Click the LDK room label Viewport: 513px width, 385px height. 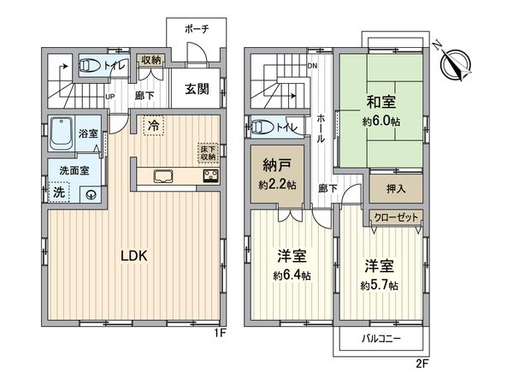tap(134, 255)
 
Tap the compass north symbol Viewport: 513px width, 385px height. tap(455, 62)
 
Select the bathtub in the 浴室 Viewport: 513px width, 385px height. tap(62, 133)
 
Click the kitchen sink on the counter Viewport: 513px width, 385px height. tap(163, 176)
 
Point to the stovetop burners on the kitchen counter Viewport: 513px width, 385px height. tap(209, 176)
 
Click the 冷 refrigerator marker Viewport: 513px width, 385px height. tap(152, 127)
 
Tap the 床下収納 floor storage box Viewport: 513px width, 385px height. tap(208, 151)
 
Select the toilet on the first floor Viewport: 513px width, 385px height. tap(89, 65)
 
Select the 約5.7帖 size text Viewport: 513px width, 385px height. tap(377, 284)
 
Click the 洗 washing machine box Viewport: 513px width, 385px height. tap(58, 192)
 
